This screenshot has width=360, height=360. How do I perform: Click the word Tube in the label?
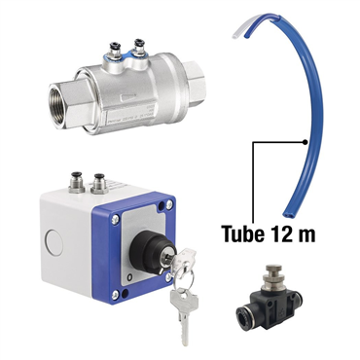point(242,234)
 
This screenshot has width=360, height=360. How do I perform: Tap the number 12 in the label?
point(279,234)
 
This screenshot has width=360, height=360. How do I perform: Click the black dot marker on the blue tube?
point(305,142)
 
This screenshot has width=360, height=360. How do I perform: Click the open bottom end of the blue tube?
point(287,215)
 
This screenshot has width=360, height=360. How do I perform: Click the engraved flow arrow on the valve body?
point(127,96)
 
